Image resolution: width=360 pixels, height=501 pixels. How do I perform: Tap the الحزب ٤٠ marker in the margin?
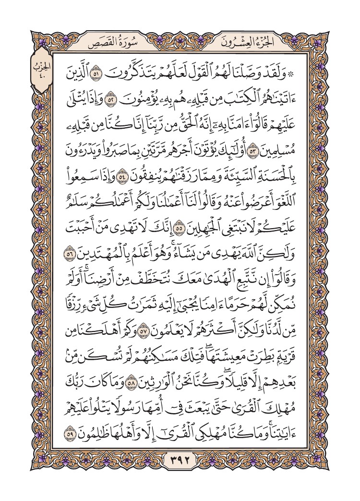coord(42,70)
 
